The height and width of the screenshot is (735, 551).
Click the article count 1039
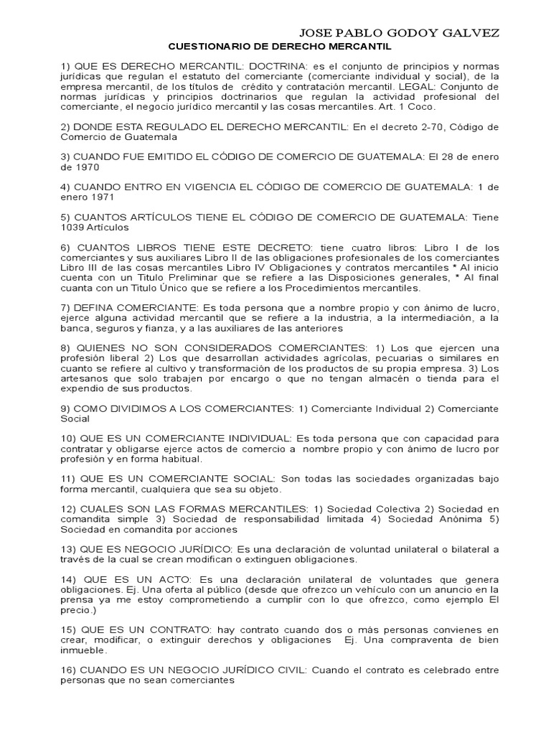(x=73, y=228)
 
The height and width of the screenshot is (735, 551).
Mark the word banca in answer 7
(x=74, y=328)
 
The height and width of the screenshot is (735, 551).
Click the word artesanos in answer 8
(x=85, y=378)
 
